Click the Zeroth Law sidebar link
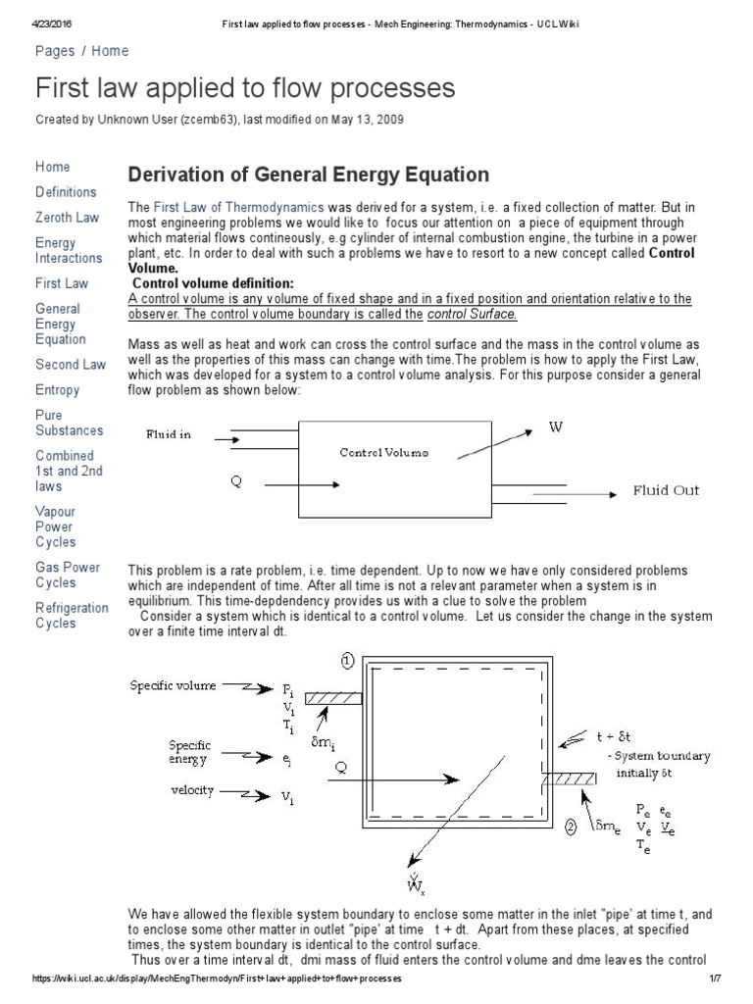click(x=67, y=218)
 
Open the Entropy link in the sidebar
click(x=58, y=390)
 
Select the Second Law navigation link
click(x=71, y=365)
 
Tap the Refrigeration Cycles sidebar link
click(x=72, y=615)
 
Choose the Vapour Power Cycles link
click(x=55, y=527)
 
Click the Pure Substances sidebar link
click(x=69, y=423)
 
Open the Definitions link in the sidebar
click(x=66, y=192)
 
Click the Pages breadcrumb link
click(x=56, y=51)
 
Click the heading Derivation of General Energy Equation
click(x=309, y=176)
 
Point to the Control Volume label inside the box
click(x=383, y=453)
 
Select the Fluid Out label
click(x=666, y=491)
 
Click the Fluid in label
click(x=169, y=434)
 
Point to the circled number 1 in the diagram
click(x=346, y=661)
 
